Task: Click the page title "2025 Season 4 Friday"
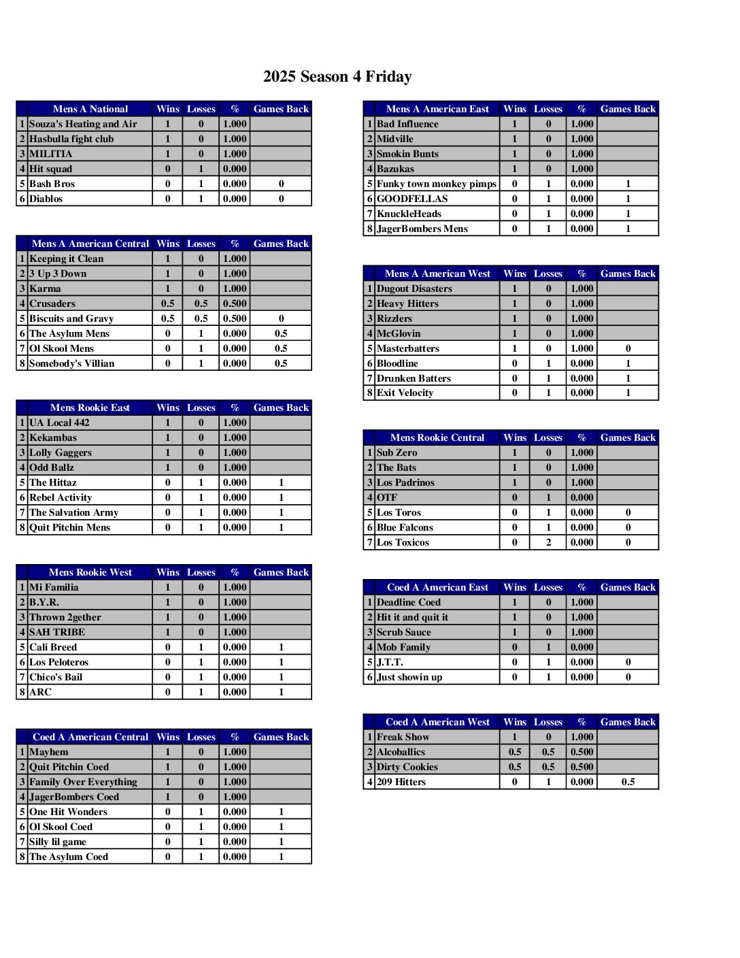point(337,77)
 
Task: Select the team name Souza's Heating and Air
point(83,124)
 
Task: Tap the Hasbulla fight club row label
point(71,139)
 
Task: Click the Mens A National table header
point(90,109)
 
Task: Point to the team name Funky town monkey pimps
point(437,184)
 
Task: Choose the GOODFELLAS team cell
point(412,199)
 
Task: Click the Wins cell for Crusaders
point(167,303)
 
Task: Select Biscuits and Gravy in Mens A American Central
point(71,318)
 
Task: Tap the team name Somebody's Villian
point(71,363)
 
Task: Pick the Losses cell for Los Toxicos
point(548,542)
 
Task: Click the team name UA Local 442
point(59,423)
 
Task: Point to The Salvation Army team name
point(73,512)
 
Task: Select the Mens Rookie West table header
point(90,572)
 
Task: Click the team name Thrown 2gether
point(65,617)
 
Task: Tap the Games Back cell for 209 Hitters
point(628,782)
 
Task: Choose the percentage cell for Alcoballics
point(582,752)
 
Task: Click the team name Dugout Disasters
point(414,288)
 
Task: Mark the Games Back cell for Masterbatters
point(628,348)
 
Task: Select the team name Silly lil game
point(57,842)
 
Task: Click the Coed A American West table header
point(437,722)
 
